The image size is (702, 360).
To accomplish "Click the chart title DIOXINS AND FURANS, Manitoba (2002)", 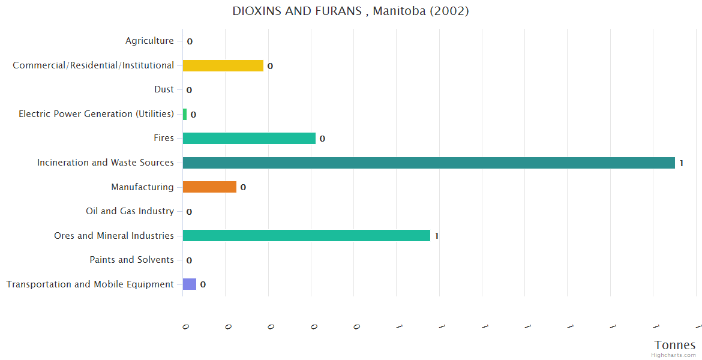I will (350, 11).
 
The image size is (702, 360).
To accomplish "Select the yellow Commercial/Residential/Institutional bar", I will (223, 65).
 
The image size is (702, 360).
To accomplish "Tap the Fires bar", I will (249, 138).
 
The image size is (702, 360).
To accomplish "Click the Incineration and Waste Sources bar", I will (428, 163).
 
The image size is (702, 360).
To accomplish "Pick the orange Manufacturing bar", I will (209, 187).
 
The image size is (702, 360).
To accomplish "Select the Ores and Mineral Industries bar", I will (306, 236).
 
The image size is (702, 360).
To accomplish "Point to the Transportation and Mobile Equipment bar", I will (190, 284).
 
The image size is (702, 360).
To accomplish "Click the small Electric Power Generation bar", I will (185, 114).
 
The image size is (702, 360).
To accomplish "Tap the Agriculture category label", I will (149, 41).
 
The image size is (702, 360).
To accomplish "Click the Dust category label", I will (164, 89).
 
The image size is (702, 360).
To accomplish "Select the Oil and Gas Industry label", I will (130, 211).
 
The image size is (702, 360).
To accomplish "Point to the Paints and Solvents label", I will (131, 260).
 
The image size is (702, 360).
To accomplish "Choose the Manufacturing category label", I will (142, 187).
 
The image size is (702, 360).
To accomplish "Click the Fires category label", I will (163, 138).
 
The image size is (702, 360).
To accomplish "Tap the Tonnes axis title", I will (675, 345).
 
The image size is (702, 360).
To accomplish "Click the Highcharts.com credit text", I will (674, 355).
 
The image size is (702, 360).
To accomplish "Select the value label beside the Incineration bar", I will (682, 163).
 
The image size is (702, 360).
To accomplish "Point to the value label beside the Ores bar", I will (437, 236).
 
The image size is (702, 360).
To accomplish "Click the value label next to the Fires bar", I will (322, 139).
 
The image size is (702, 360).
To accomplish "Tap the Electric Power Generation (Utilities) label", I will (96, 114).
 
